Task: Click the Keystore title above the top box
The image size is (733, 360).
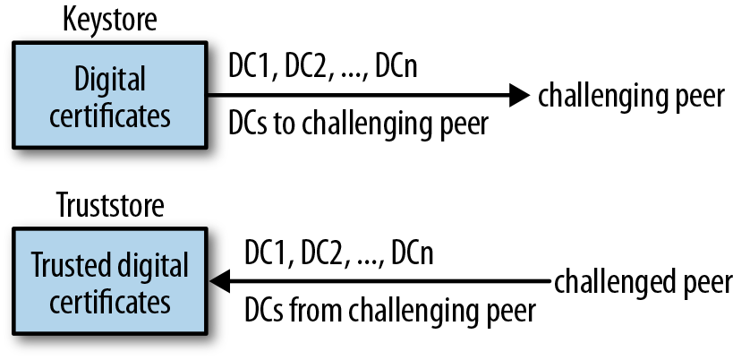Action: (110, 20)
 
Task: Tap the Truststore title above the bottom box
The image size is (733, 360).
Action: (110, 205)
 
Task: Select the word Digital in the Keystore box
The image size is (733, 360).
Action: (110, 80)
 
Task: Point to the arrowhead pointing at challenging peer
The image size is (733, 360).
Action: (519, 95)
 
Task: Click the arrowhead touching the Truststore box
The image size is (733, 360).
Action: (219, 281)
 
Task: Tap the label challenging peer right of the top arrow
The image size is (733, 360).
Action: (631, 98)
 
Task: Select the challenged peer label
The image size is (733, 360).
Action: (644, 283)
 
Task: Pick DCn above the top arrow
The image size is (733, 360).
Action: (396, 67)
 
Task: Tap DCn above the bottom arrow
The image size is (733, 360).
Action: (413, 253)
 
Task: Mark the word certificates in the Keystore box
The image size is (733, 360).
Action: (110, 116)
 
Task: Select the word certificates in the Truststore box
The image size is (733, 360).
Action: (110, 302)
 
